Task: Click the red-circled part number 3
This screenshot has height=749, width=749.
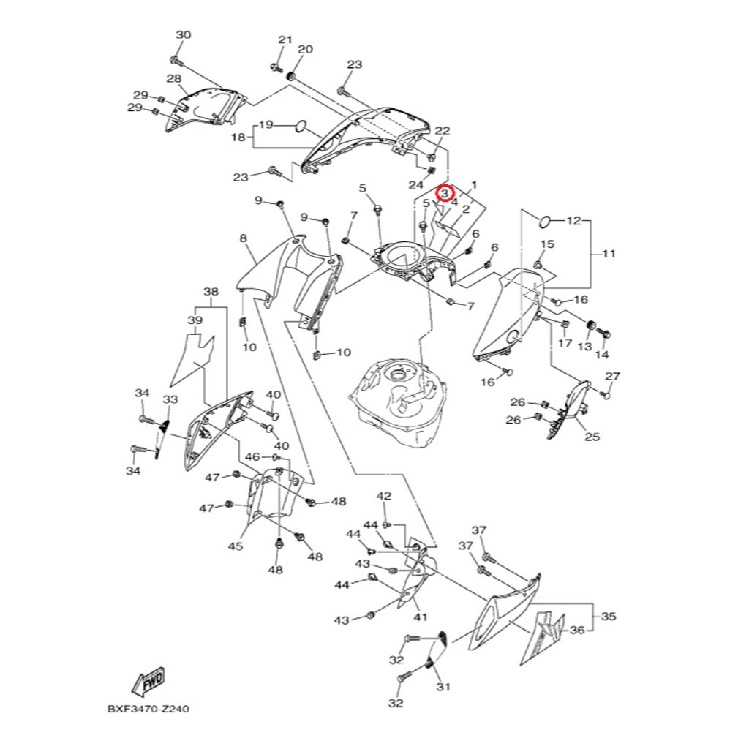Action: pyautogui.click(x=445, y=193)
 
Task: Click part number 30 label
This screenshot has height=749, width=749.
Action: pyautogui.click(x=183, y=35)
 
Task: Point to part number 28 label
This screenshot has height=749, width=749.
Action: pyautogui.click(x=174, y=79)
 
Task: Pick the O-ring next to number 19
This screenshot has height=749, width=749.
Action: pyautogui.click(x=298, y=127)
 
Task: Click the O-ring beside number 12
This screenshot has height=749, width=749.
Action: pyautogui.click(x=546, y=220)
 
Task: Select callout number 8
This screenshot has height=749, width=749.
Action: pyautogui.click(x=243, y=238)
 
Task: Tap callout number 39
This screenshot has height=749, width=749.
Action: pyautogui.click(x=195, y=320)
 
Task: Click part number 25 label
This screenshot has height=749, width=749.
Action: pyautogui.click(x=592, y=437)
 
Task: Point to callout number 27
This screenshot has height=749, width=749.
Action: pyautogui.click(x=613, y=376)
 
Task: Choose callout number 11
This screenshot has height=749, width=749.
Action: pyautogui.click(x=609, y=254)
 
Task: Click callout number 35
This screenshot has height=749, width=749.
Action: pyautogui.click(x=609, y=617)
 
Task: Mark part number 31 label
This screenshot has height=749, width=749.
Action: pyautogui.click(x=443, y=687)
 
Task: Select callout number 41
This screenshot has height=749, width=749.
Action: pyautogui.click(x=420, y=617)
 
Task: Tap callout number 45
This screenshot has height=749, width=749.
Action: pyautogui.click(x=236, y=546)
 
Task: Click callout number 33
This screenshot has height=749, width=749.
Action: pyautogui.click(x=170, y=400)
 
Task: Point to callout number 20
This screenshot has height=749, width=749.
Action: pyautogui.click(x=305, y=50)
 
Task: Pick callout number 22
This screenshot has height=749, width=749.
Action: pyautogui.click(x=442, y=131)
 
